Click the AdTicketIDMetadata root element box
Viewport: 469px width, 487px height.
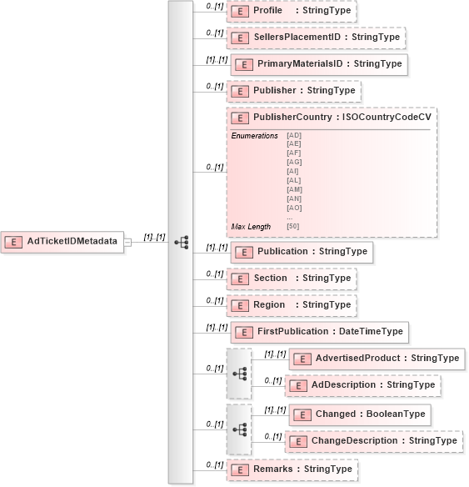(62, 242)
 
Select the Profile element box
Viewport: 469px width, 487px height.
(292, 11)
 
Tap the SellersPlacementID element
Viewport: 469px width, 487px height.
(316, 38)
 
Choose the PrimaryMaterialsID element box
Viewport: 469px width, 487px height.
(318, 63)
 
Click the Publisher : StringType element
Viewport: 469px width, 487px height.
(293, 90)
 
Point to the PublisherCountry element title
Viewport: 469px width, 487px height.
(331, 118)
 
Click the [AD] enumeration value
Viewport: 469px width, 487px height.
(293, 134)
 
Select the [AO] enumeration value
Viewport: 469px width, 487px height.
(293, 208)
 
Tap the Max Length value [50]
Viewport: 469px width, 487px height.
(293, 226)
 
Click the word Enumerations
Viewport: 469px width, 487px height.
(254, 135)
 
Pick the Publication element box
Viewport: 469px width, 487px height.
(301, 251)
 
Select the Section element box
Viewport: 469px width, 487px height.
(292, 278)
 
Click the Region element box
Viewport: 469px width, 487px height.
(292, 304)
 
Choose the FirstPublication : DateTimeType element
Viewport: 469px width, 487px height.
(319, 331)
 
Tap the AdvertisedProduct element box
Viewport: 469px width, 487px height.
(377, 359)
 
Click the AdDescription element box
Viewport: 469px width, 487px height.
(362, 385)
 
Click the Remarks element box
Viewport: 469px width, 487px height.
(292, 469)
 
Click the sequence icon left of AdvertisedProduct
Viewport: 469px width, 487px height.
(239, 373)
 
